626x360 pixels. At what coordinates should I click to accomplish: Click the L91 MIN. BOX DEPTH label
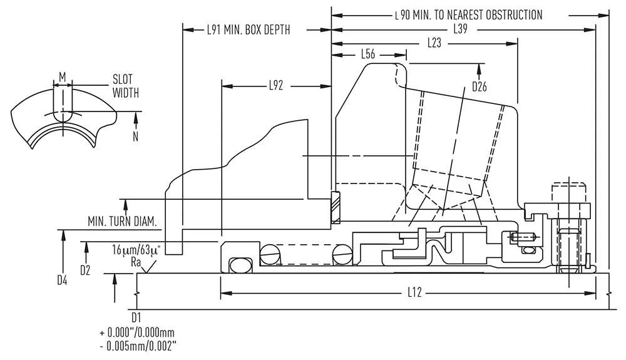(x=249, y=30)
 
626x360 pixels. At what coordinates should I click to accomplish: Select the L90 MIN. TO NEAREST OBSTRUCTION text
(x=469, y=15)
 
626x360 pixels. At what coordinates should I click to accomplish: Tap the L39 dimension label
(x=460, y=29)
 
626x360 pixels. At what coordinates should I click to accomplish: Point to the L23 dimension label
(x=434, y=43)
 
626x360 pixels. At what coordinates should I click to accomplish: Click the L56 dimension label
(x=367, y=54)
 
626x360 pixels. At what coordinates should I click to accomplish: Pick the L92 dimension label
(x=275, y=85)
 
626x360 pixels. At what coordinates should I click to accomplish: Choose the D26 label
(x=480, y=86)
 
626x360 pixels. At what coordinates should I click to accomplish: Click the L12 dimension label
(x=414, y=292)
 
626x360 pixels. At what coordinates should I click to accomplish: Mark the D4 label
(x=62, y=280)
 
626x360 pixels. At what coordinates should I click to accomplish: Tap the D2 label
(x=85, y=270)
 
